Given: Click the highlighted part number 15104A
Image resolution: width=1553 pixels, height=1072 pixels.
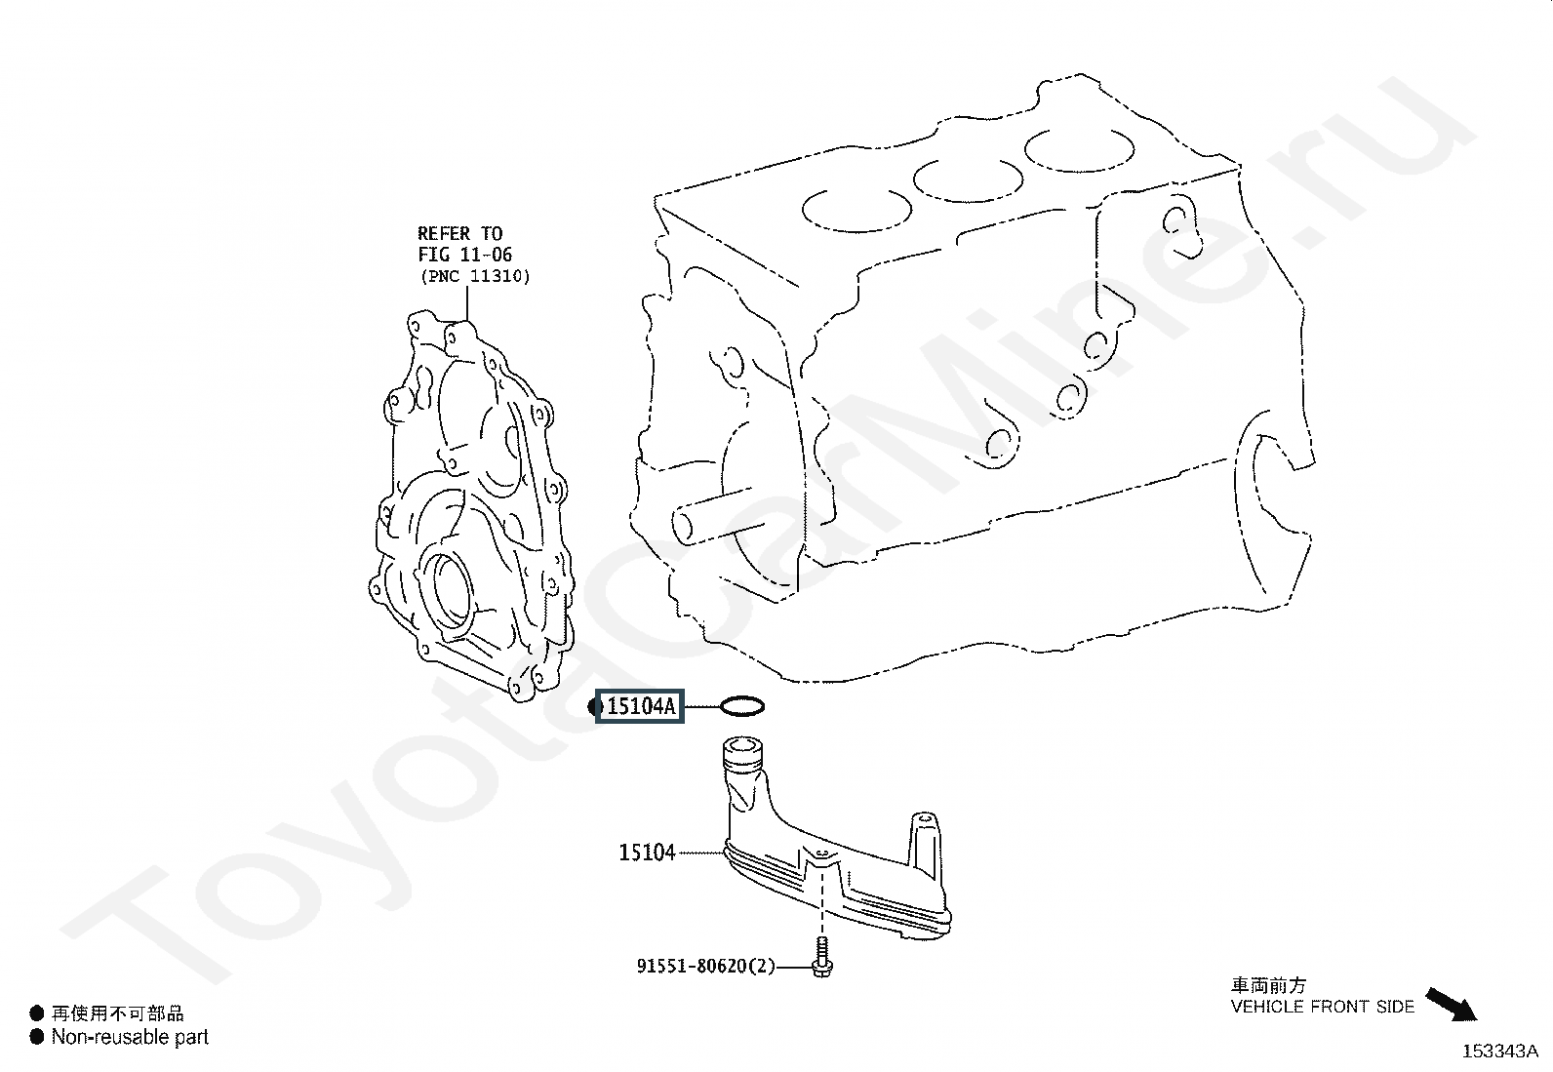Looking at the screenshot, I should click(x=641, y=706).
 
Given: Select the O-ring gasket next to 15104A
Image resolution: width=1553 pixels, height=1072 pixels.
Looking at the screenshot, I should click(x=742, y=706).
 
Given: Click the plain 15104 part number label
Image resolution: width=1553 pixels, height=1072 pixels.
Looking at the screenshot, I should click(x=647, y=853).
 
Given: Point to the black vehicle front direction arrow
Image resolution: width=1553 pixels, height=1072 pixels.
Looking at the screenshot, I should click(x=1452, y=1004).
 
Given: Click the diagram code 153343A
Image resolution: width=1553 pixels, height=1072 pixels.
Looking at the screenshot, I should click(x=1499, y=1052).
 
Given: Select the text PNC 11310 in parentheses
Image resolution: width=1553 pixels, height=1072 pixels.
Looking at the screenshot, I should click(x=475, y=277).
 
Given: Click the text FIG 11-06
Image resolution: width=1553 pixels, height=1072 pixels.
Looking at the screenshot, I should click(x=465, y=256).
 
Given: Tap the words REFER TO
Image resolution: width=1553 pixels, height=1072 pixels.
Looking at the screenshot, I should click(x=459, y=234).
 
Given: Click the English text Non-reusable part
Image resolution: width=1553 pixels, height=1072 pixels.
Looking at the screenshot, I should click(x=130, y=1038).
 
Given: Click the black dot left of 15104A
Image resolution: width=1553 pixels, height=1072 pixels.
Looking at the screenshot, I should click(x=596, y=706).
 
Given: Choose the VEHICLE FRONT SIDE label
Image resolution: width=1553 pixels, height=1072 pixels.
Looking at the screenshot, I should click(x=1322, y=1007).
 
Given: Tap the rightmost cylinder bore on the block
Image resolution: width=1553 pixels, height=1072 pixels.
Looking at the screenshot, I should click(x=1080, y=149).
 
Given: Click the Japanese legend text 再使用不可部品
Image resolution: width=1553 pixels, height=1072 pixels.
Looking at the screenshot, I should click(x=117, y=1014).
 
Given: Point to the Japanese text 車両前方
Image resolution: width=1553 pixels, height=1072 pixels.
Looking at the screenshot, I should click(x=1268, y=986).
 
